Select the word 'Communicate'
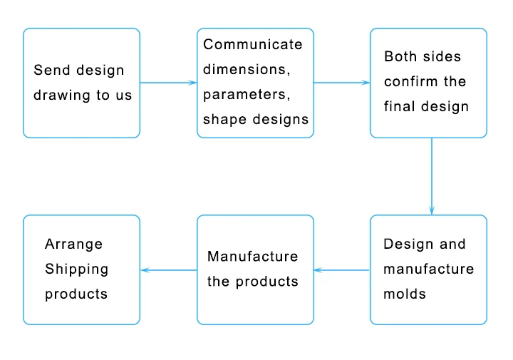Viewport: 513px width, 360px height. tap(253, 44)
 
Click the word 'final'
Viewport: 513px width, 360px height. tap(398, 106)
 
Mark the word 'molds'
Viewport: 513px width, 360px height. tap(405, 294)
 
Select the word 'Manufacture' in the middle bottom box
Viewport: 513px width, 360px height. tap(253, 256)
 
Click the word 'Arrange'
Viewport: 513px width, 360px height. tap(73, 244)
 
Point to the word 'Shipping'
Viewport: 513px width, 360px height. tap(77, 269)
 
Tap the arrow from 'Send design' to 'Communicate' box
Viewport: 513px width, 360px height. tap(168, 83)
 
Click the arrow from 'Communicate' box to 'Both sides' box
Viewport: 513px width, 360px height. tap(341, 83)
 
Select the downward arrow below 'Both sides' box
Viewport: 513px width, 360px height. tap(432, 176)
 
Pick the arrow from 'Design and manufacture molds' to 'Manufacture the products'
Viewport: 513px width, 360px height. tap(341, 270)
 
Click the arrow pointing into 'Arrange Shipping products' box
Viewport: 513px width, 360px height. tap(168, 270)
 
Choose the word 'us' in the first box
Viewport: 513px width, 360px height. tap(123, 95)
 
